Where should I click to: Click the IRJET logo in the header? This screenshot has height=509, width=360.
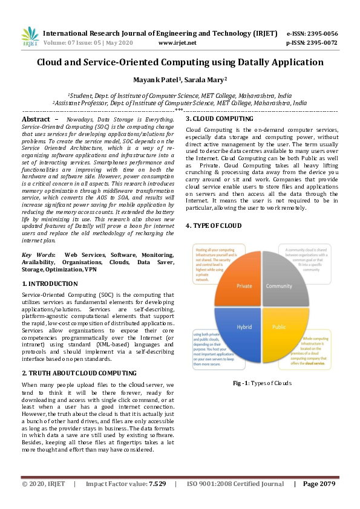pyautogui.click(x=30, y=37)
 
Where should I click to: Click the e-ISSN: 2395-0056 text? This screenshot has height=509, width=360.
pyautogui.click(x=312, y=34)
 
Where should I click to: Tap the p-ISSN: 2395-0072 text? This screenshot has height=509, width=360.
pyautogui.click(x=312, y=43)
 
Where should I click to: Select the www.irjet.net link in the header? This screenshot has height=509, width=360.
pyautogui.click(x=177, y=43)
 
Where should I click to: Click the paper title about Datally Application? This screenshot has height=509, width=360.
pyautogui.click(x=180, y=62)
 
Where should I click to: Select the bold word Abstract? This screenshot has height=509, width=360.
pyautogui.click(x=36, y=120)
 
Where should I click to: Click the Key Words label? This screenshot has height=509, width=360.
pyautogui.click(x=38, y=256)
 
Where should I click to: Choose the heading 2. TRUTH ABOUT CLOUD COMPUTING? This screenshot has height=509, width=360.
pyautogui.click(x=79, y=373)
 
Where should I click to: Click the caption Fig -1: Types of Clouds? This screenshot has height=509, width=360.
pyautogui.click(x=262, y=383)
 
